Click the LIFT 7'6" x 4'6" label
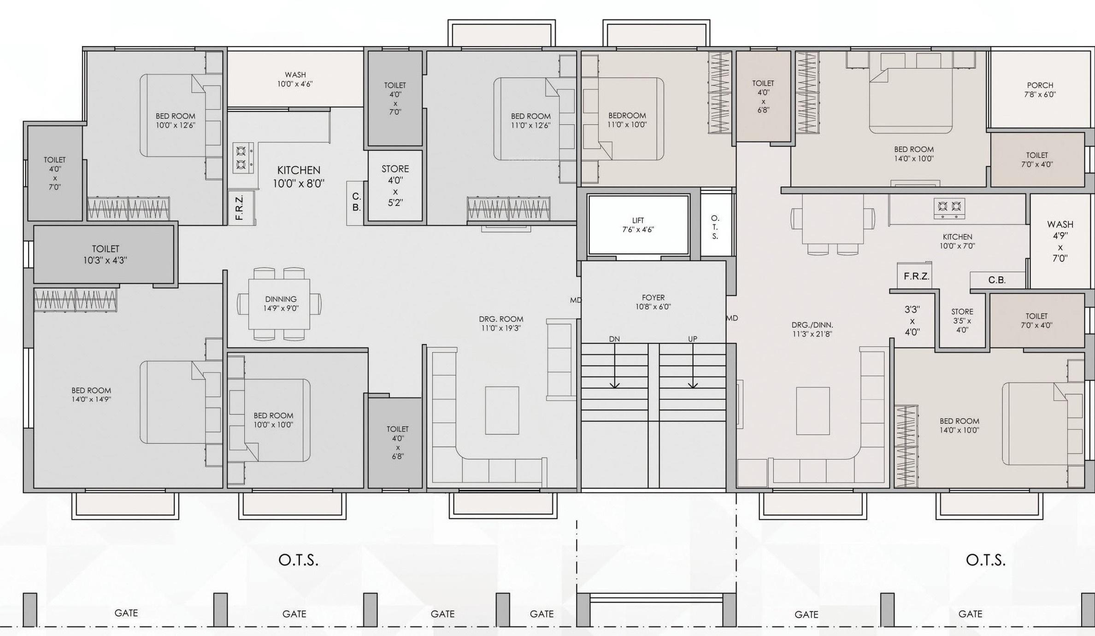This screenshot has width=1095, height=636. (x=638, y=225)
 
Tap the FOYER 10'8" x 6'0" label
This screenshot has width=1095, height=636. (x=653, y=302)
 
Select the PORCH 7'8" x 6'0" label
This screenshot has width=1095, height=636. (x=1040, y=90)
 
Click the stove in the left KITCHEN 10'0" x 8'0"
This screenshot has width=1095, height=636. (x=242, y=158)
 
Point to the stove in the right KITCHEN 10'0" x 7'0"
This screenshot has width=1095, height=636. (x=949, y=209)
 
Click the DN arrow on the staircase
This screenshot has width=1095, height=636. (x=614, y=364)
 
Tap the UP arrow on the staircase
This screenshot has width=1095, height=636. (x=693, y=364)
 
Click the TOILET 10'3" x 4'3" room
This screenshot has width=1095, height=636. (x=105, y=254)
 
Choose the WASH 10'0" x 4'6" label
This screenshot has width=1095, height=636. (x=295, y=79)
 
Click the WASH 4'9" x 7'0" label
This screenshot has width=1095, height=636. (x=1060, y=241)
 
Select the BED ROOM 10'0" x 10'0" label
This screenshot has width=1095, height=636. (x=273, y=420)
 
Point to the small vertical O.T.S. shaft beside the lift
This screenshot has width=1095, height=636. (x=715, y=227)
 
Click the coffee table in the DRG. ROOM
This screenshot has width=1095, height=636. (x=501, y=410)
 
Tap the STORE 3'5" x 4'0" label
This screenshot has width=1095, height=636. (x=962, y=321)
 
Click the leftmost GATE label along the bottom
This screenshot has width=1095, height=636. (x=126, y=613)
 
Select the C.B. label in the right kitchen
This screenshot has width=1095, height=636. (x=996, y=280)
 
